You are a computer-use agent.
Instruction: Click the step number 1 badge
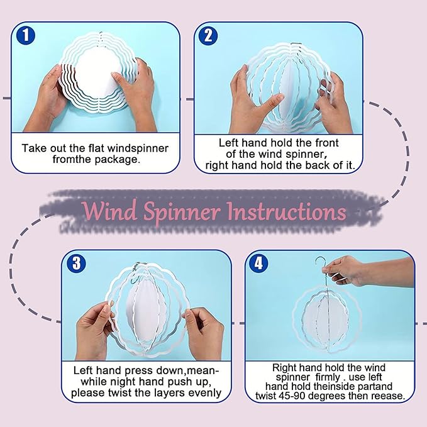[x=26, y=35]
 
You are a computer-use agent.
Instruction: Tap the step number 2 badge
[x=208, y=36]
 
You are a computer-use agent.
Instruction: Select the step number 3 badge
[x=77, y=263]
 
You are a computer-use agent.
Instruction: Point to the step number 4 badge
[x=258, y=263]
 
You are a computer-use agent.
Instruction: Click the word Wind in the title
[x=109, y=211]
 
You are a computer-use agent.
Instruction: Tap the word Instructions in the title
[x=287, y=211]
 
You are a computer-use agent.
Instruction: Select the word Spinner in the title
[x=182, y=213]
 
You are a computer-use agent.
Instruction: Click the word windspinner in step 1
[x=138, y=148]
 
